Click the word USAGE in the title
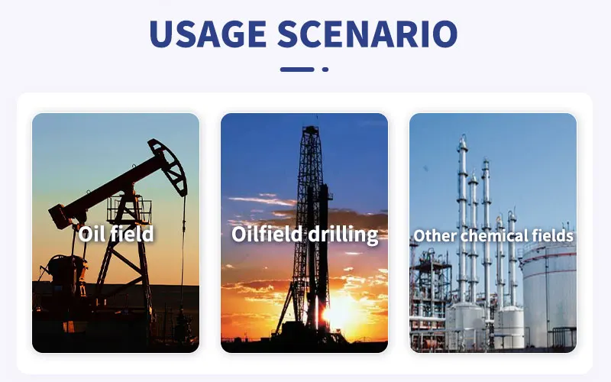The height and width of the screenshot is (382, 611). pos(208,34)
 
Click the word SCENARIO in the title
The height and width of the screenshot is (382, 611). pos(367,34)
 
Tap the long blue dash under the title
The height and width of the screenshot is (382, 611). pos(297,70)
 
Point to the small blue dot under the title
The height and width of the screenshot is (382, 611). pos(325,70)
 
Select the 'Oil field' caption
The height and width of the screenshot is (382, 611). pos(116,234)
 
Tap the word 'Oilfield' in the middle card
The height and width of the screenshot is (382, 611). pos(267,234)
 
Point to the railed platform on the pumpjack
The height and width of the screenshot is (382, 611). pos(129,209)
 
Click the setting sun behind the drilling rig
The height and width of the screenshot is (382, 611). pos(340,312)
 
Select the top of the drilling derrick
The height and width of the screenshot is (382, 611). pos(311,129)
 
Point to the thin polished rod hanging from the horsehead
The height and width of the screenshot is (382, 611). pos(183,254)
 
